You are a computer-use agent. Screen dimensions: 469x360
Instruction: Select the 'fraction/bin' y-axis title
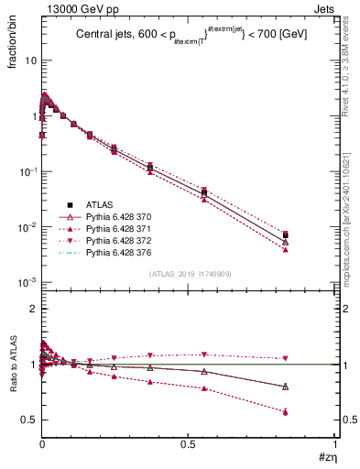tap(12, 44)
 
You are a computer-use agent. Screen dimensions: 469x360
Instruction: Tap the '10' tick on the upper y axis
tap(30, 60)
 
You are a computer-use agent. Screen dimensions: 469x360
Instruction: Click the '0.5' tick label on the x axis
tap(188, 442)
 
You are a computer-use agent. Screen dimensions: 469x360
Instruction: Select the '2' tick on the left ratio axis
tap(33, 309)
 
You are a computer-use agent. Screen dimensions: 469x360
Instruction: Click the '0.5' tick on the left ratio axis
tap(30, 420)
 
